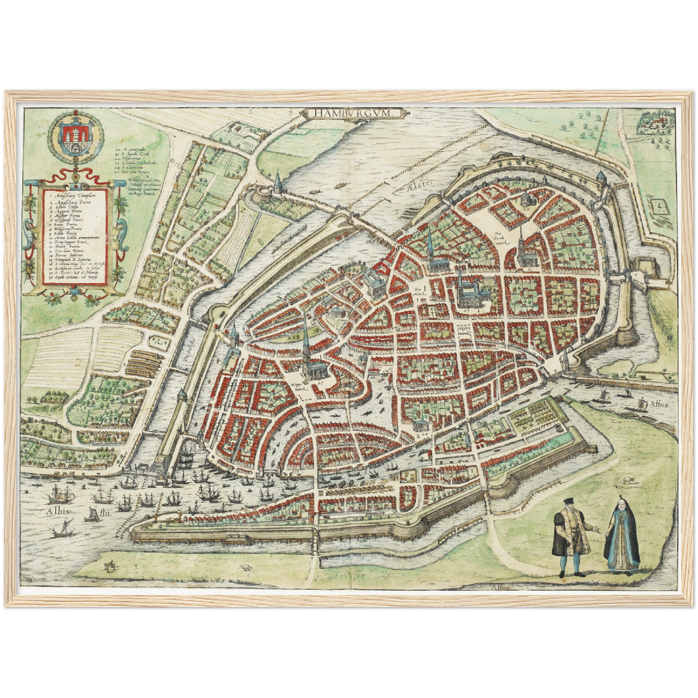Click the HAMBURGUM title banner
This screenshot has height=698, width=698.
pyautogui.click(x=351, y=113)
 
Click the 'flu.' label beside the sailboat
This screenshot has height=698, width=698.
pyautogui.click(x=106, y=514)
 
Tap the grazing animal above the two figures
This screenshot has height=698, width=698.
pyautogui.click(x=627, y=480)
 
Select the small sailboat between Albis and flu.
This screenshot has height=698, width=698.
pyautogui.click(x=90, y=514)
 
